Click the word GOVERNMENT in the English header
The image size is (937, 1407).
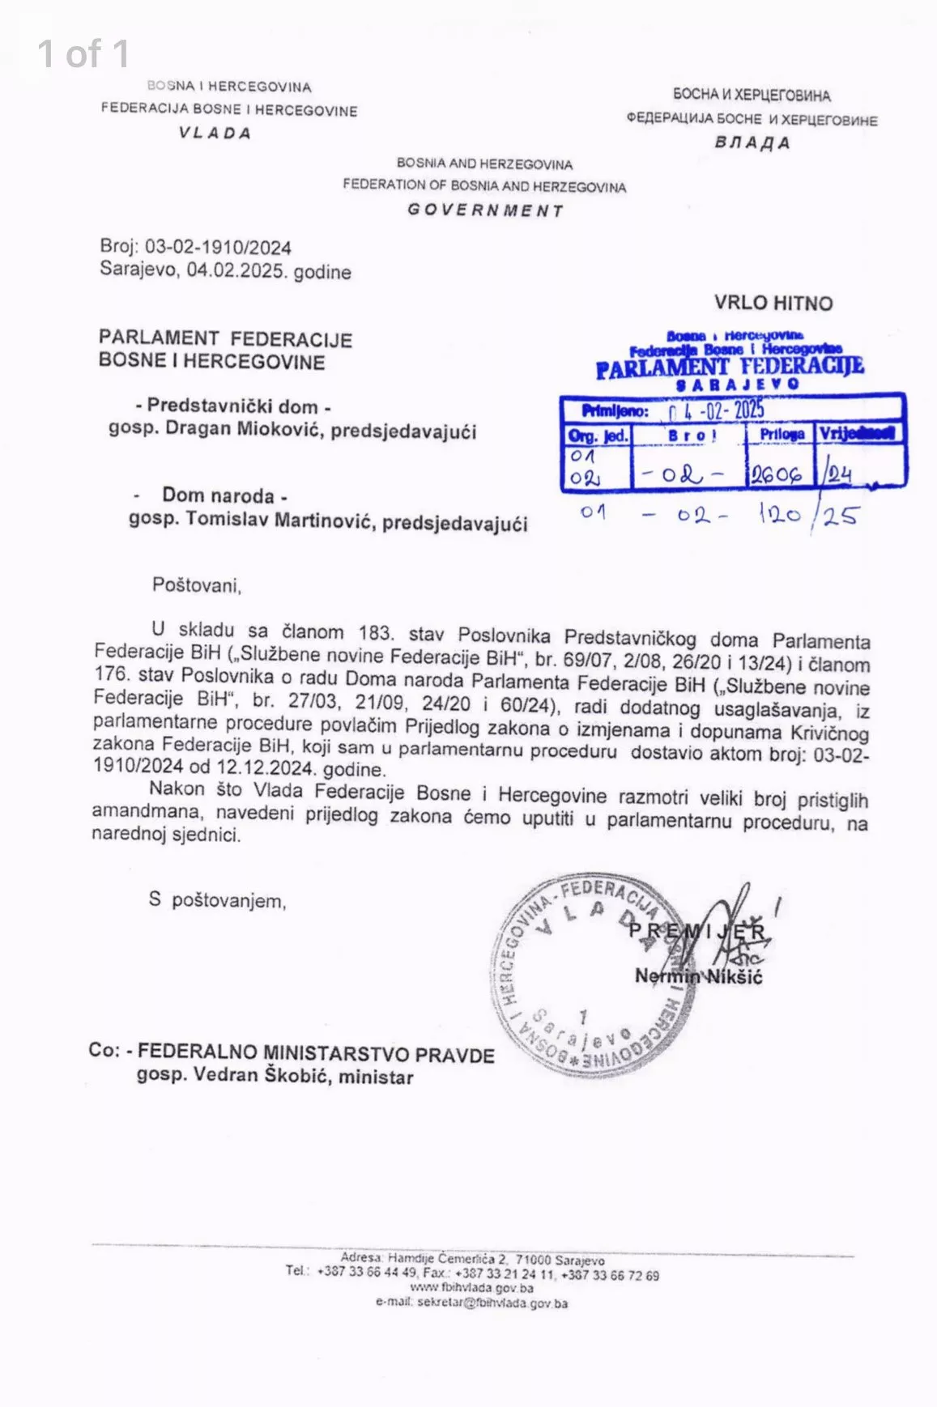[485, 210]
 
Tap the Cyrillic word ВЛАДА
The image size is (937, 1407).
[752, 143]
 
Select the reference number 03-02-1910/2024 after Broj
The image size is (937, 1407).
[218, 248]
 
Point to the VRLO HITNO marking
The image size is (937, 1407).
[773, 304]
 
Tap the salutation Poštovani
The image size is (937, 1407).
[197, 584]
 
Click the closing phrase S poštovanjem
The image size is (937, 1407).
[217, 900]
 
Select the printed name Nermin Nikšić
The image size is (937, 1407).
[698, 976]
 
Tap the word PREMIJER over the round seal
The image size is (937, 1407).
[697, 931]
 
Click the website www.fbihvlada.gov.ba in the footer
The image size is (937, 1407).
[471, 1288]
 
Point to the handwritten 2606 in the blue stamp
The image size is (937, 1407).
[775, 474]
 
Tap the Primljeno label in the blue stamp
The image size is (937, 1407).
[615, 411]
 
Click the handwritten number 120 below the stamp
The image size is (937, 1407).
[779, 513]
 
